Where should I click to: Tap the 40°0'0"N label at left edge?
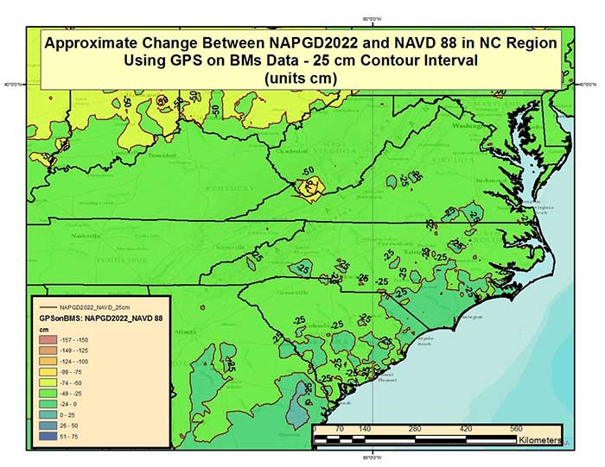pos(14,85)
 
